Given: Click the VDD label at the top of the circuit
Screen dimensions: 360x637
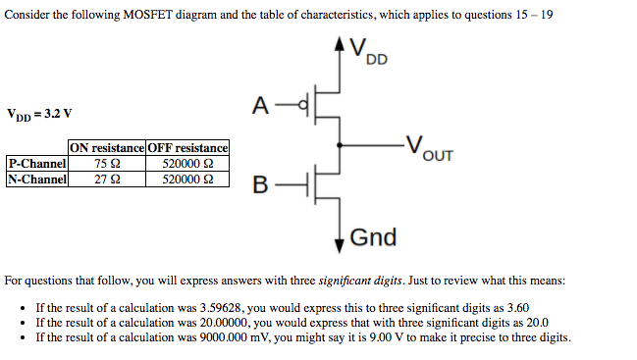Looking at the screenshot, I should [x=368, y=51].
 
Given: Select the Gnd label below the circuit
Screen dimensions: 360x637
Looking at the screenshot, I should [x=373, y=236].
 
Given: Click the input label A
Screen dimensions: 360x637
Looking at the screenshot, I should [x=260, y=105].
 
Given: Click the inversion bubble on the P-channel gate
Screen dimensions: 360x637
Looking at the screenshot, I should [x=303, y=105].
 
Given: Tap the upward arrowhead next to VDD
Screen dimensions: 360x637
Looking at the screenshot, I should [x=340, y=44].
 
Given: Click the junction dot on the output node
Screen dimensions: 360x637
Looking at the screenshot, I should [x=340, y=144].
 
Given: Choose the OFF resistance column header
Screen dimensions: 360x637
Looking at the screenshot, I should [x=187, y=148].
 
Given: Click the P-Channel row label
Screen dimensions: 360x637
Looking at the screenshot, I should [x=36, y=164].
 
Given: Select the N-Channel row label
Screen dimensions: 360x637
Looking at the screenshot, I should [x=36, y=180].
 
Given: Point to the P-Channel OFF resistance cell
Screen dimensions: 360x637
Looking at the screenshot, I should [x=187, y=164].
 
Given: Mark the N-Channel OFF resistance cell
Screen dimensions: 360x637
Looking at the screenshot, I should [x=187, y=180].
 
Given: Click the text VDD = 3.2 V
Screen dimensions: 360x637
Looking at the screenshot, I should [x=39, y=113].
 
